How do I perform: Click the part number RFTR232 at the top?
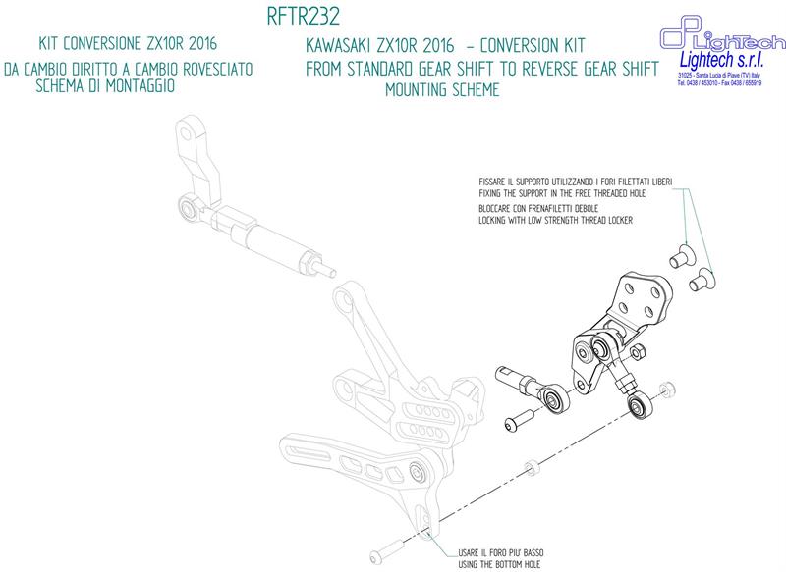[304, 17]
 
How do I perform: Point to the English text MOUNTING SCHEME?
[445, 88]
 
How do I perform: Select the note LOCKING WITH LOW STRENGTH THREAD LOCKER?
[555, 223]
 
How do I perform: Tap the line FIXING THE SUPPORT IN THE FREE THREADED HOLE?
[564, 193]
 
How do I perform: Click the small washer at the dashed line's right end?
[668, 388]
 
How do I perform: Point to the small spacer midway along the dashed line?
[531, 462]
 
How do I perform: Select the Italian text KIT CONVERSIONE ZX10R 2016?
[127, 45]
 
